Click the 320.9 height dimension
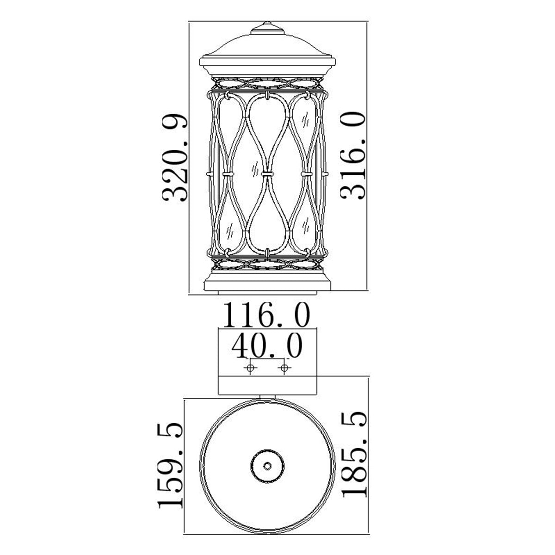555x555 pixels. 175,158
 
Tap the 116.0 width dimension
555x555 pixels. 267,315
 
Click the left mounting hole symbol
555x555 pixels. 250,368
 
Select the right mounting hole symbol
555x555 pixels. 284,368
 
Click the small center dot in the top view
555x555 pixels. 267,466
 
